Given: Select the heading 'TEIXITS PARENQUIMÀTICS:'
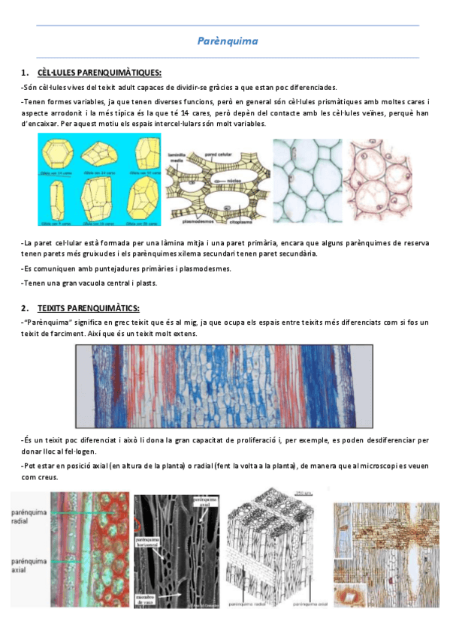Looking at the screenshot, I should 89,308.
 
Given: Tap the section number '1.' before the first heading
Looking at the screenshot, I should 26,73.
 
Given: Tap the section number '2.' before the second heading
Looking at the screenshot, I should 26,308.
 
